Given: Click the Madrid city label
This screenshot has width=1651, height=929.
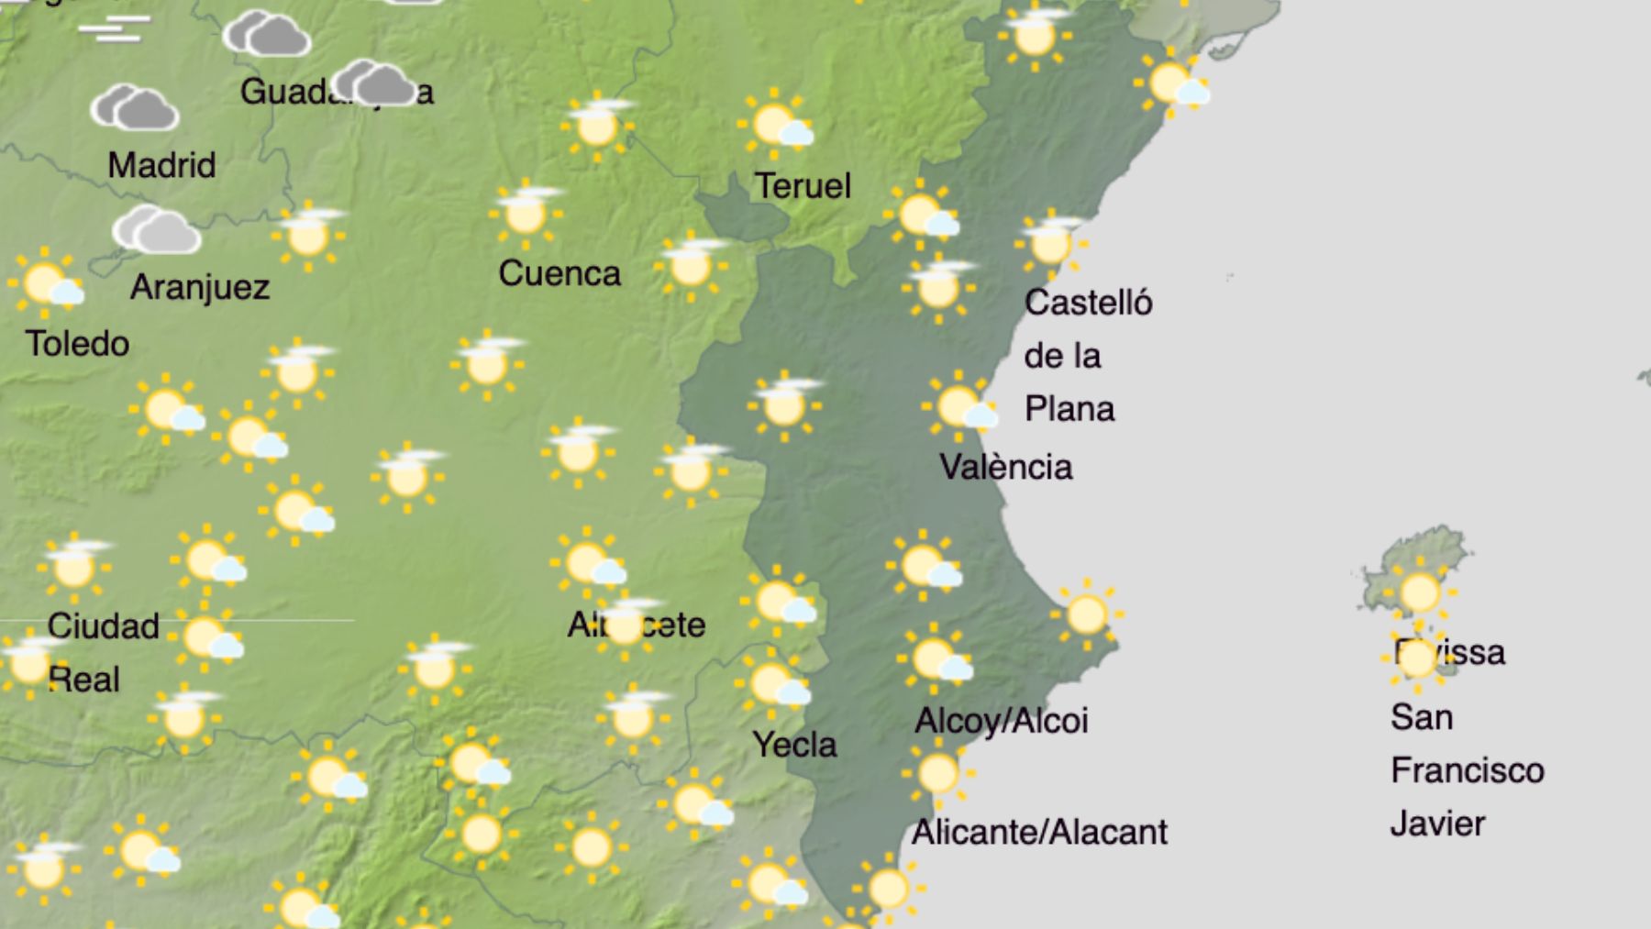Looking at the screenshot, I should click(161, 166).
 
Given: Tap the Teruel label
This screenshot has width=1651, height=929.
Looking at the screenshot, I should click(803, 186).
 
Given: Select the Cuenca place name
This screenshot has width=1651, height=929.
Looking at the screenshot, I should click(559, 273).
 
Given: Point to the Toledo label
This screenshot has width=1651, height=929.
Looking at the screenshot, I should click(77, 344).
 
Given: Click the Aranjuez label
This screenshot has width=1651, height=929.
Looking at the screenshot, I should click(200, 287).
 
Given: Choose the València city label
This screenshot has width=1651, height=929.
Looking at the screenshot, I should click(1005, 468).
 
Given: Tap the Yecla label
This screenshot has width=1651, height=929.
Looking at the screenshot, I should click(794, 745).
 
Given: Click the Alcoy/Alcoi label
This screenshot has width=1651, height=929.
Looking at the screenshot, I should click(1001, 721).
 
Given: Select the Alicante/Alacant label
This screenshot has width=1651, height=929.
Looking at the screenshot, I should click(1038, 833).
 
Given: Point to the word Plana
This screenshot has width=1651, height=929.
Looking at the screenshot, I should click(1069, 409).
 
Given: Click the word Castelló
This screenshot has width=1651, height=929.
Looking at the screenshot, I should click(1088, 303).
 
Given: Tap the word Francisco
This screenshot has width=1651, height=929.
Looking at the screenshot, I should click(1467, 770).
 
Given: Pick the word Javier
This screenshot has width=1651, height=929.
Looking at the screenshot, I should click(1437, 824).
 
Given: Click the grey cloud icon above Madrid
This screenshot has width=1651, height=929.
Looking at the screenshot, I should click(135, 108).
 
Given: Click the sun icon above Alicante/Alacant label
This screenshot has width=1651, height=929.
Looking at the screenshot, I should click(937, 774).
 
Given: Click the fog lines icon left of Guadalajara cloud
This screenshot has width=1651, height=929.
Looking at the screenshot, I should click(114, 29).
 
